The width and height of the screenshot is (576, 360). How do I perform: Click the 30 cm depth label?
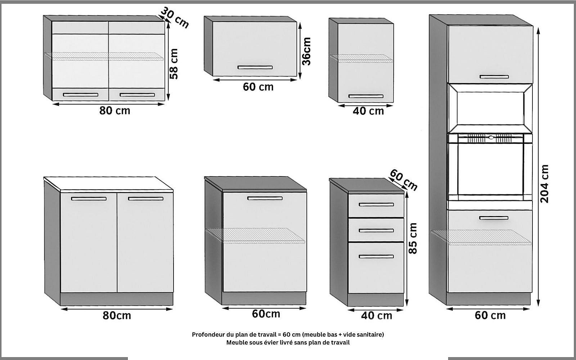175,18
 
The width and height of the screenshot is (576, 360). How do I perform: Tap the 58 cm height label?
174,64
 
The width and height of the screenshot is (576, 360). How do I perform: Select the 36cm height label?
306,51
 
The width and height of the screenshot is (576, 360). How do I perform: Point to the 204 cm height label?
545,184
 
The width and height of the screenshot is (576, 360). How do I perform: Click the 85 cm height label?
413,238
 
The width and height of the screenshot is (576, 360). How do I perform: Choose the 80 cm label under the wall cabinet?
115,111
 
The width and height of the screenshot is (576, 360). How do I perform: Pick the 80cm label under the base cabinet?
117,315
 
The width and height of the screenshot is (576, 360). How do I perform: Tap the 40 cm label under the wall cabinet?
368,111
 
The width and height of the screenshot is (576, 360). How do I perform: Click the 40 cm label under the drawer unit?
377,316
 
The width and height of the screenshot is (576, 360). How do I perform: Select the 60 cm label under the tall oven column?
490,315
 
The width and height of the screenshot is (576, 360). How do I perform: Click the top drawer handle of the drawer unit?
376,205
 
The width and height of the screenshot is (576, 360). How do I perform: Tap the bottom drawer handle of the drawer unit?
376,256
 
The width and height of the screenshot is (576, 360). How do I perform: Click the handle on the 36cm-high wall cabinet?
255,67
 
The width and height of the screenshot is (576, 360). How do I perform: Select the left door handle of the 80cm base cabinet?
89,199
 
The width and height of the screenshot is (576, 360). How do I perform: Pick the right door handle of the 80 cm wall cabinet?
137,95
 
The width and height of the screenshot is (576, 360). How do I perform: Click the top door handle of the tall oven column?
494,77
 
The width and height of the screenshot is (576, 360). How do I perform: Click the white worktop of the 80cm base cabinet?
108,184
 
